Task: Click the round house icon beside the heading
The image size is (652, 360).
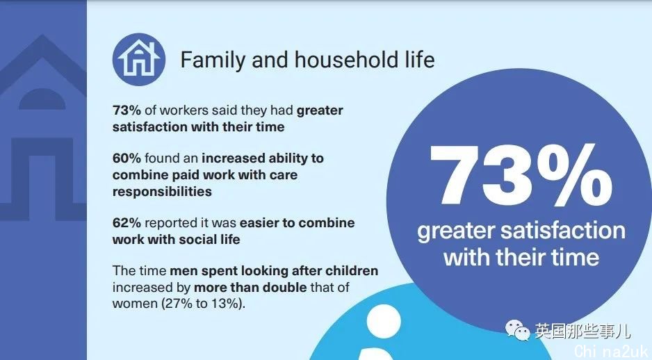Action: click(139, 60)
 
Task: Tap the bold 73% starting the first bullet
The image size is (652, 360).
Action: click(127, 111)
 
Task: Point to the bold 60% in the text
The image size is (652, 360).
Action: click(127, 158)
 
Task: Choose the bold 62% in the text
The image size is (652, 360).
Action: click(127, 223)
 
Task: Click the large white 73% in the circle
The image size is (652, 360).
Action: click(521, 175)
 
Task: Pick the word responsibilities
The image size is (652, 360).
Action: click(162, 192)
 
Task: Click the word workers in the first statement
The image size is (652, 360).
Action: click(184, 111)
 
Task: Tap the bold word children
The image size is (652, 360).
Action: click(352, 270)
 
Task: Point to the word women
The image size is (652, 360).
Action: click(135, 304)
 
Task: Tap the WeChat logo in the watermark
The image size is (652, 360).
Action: click(517, 330)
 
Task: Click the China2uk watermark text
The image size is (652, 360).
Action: click(612, 352)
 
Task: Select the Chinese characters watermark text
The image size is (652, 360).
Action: click(582, 331)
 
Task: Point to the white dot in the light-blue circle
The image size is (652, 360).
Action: click(384, 322)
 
